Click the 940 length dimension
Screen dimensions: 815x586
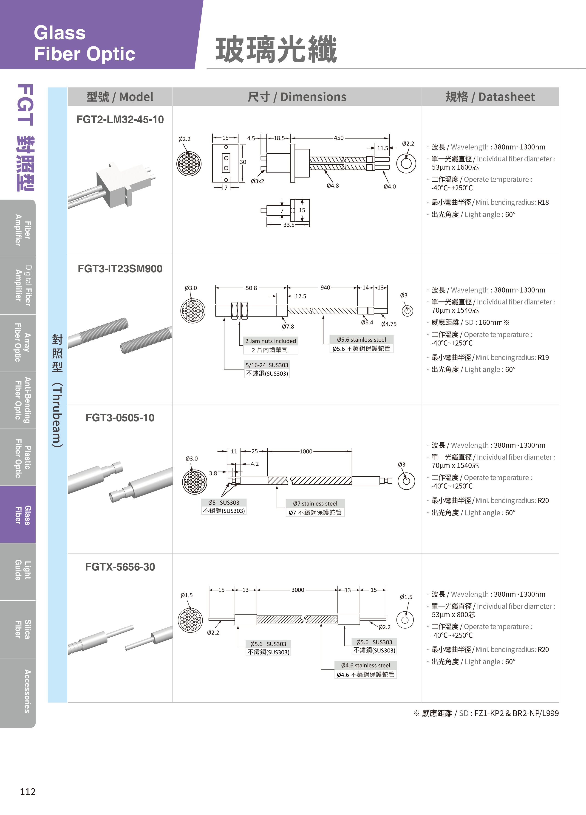[325, 287]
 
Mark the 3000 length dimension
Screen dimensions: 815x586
[298, 590]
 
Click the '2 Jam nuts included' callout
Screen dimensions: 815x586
[270, 341]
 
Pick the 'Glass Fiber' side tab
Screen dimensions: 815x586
[18, 514]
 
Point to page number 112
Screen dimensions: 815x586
[28, 792]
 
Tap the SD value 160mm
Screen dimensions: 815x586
[490, 322]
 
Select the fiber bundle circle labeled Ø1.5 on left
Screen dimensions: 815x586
[190, 620]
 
